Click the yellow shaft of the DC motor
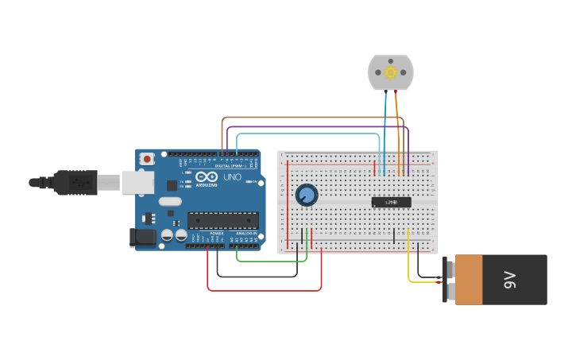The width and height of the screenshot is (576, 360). (390, 72)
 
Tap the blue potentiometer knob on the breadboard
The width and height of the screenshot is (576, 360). (306, 194)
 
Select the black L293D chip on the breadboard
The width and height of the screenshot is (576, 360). (391, 202)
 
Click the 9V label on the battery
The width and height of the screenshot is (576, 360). (509, 280)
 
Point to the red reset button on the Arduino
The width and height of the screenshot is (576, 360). (146, 159)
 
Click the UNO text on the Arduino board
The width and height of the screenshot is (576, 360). (232, 176)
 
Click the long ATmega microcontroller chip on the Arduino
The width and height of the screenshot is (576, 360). (222, 220)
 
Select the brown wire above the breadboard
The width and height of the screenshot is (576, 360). (310, 118)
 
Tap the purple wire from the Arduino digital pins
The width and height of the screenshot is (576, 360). (318, 126)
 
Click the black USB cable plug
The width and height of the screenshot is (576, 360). (75, 182)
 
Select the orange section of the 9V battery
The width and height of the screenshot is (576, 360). (469, 280)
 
